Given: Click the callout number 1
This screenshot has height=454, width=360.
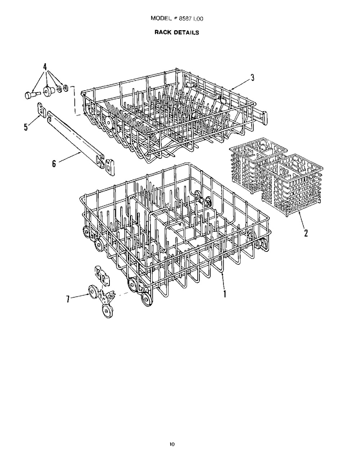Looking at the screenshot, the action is click(x=225, y=294).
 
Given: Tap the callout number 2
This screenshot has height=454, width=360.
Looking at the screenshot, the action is click(x=306, y=233).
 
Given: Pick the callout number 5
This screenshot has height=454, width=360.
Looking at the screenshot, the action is click(x=26, y=127).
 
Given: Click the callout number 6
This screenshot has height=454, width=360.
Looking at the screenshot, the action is click(x=54, y=163).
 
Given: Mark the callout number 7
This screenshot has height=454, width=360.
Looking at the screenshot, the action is click(x=68, y=299).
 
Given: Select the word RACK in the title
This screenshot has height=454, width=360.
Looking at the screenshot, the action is click(x=162, y=32).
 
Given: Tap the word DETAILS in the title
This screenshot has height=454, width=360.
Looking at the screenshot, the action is click(x=186, y=32).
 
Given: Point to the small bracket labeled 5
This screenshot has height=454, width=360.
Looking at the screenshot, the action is click(x=42, y=110).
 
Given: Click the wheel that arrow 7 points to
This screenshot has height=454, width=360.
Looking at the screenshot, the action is click(x=92, y=291).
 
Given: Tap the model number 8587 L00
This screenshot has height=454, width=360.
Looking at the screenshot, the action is click(x=191, y=19).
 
